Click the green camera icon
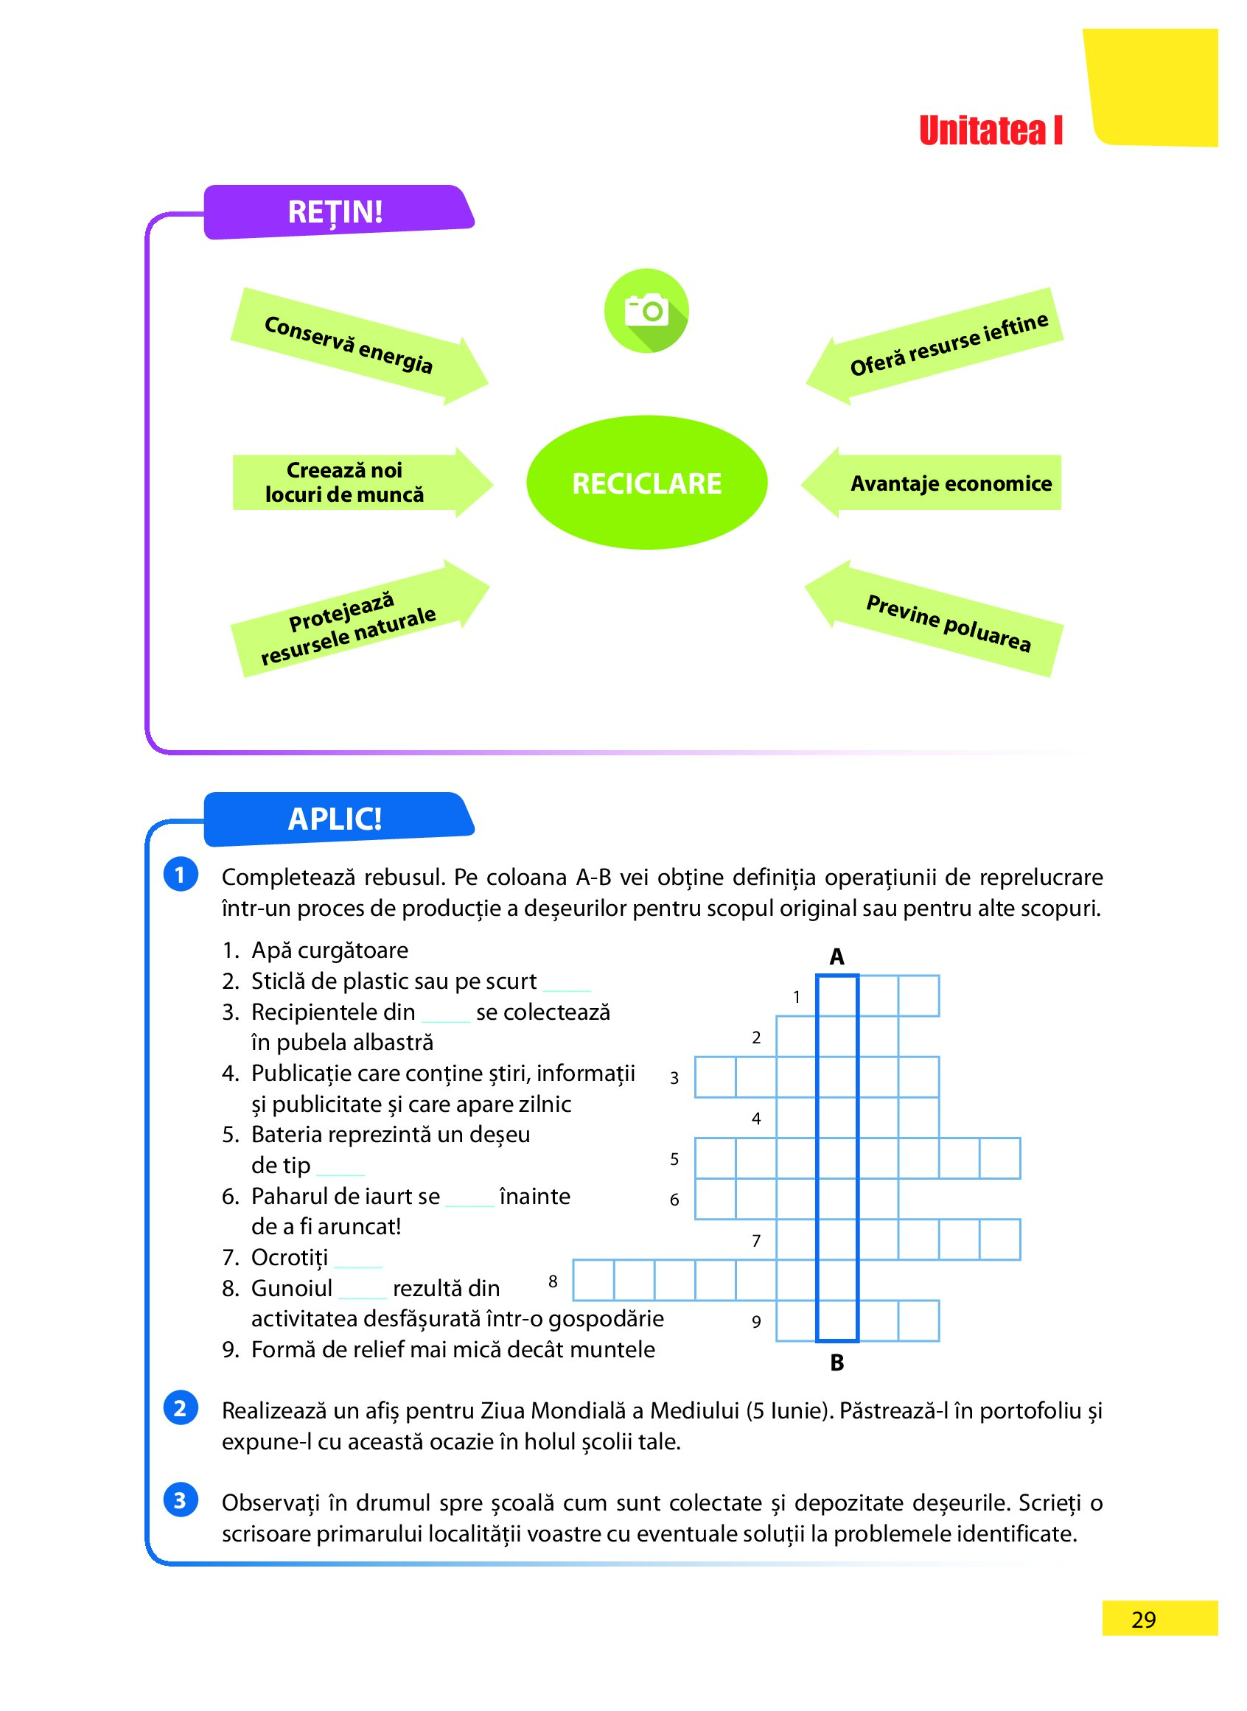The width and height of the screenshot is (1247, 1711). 646,310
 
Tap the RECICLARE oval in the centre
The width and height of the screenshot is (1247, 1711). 646,483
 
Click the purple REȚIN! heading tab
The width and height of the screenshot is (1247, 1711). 336,212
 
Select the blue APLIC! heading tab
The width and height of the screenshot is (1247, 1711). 336,819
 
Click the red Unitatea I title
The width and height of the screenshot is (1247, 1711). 991,131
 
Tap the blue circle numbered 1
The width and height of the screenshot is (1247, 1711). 181,875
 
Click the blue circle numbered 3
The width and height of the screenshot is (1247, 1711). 181,1500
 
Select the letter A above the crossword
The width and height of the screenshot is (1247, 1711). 836,957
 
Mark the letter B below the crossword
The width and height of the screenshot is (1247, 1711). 836,1363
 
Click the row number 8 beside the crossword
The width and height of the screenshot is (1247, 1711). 553,1281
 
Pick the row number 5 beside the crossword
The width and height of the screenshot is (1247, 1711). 674,1159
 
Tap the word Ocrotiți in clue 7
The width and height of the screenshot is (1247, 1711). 290,1258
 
